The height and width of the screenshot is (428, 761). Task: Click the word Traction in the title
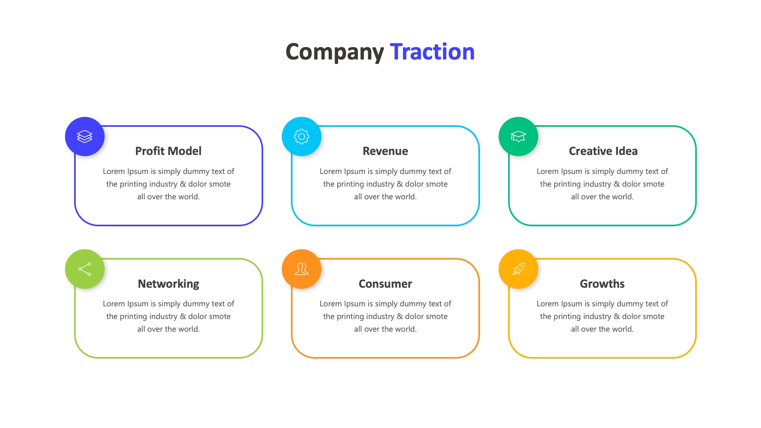[432, 52]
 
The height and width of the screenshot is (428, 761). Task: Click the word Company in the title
[335, 52]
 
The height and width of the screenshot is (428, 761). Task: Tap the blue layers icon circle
[85, 136]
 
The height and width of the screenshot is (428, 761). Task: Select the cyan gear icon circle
[302, 136]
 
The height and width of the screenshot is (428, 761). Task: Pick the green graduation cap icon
[518, 136]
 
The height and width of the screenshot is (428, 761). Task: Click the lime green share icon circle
[85, 269]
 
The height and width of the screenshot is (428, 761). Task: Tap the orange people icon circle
[302, 269]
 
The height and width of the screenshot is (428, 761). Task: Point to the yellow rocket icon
[518, 269]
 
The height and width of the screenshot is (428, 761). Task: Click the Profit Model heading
[168, 151]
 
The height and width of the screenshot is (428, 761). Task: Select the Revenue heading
[385, 151]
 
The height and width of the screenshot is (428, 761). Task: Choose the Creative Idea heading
[603, 151]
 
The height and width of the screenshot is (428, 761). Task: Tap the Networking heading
[168, 284]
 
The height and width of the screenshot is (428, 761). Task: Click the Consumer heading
[385, 284]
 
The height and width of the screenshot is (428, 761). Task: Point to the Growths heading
[602, 284]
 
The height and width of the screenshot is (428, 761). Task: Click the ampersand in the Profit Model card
[183, 184]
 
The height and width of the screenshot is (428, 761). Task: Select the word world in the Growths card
[622, 329]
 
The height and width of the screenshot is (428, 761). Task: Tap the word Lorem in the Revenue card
[331, 171]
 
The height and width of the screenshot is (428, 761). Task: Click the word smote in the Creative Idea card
[654, 184]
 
